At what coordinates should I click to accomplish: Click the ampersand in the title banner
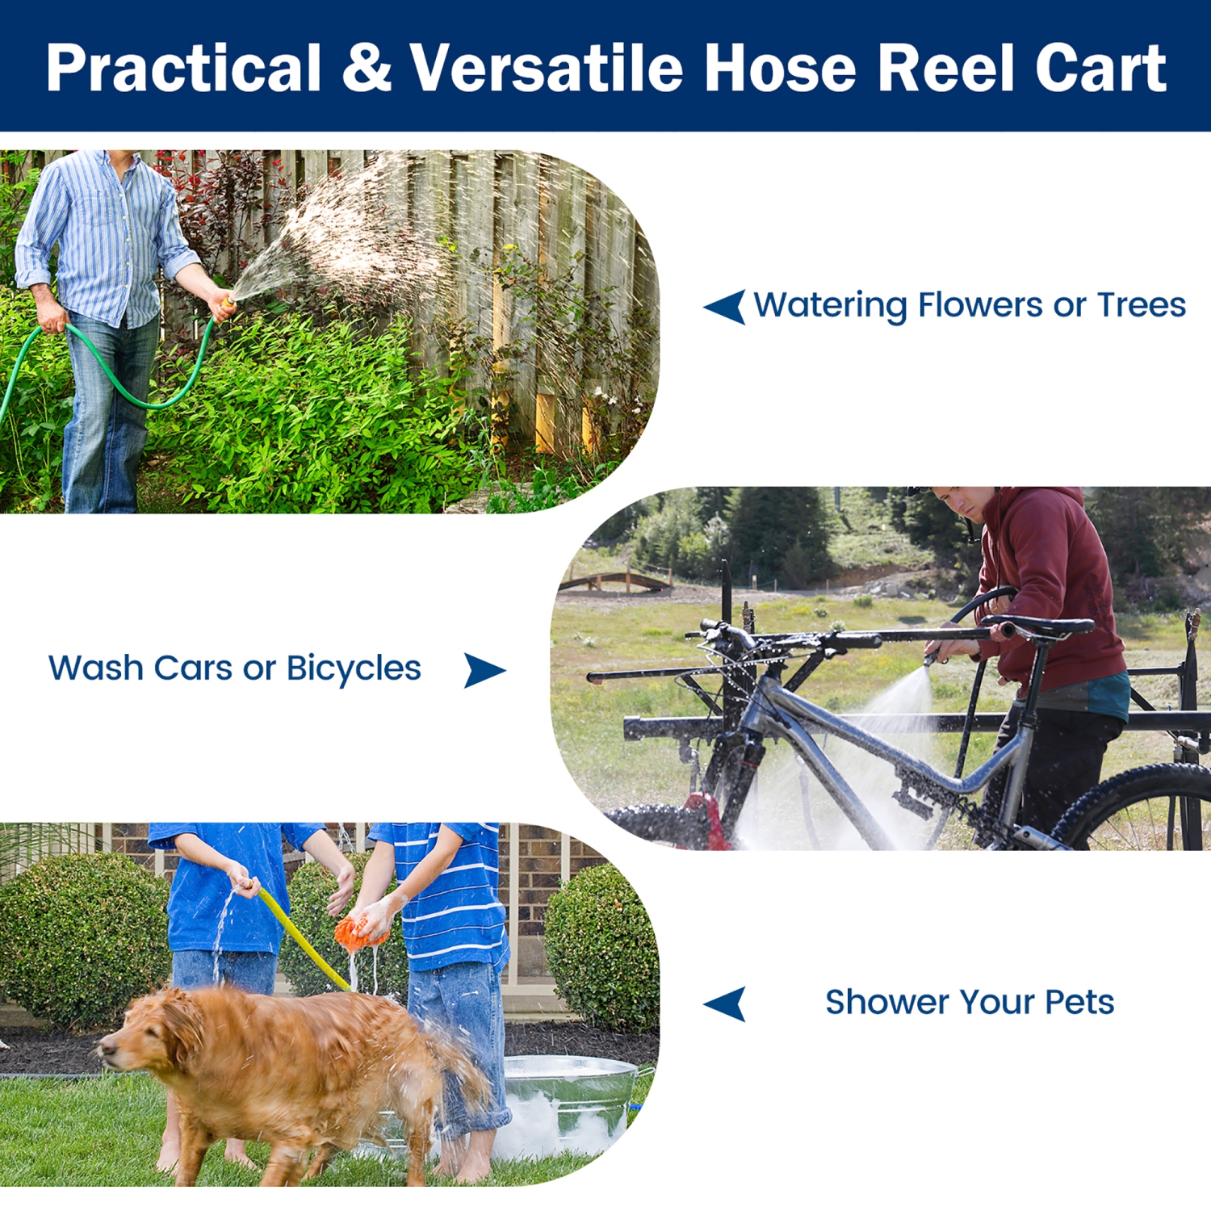[366, 68]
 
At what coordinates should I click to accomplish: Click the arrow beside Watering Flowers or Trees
[725, 307]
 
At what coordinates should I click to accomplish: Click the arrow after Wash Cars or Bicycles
[484, 670]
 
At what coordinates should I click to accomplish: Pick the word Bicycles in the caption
[354, 668]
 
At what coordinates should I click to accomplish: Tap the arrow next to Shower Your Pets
[725, 1004]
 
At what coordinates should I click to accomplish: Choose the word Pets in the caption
[1079, 1002]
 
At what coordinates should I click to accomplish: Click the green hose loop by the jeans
[145, 388]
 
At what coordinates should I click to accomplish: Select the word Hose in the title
[780, 68]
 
